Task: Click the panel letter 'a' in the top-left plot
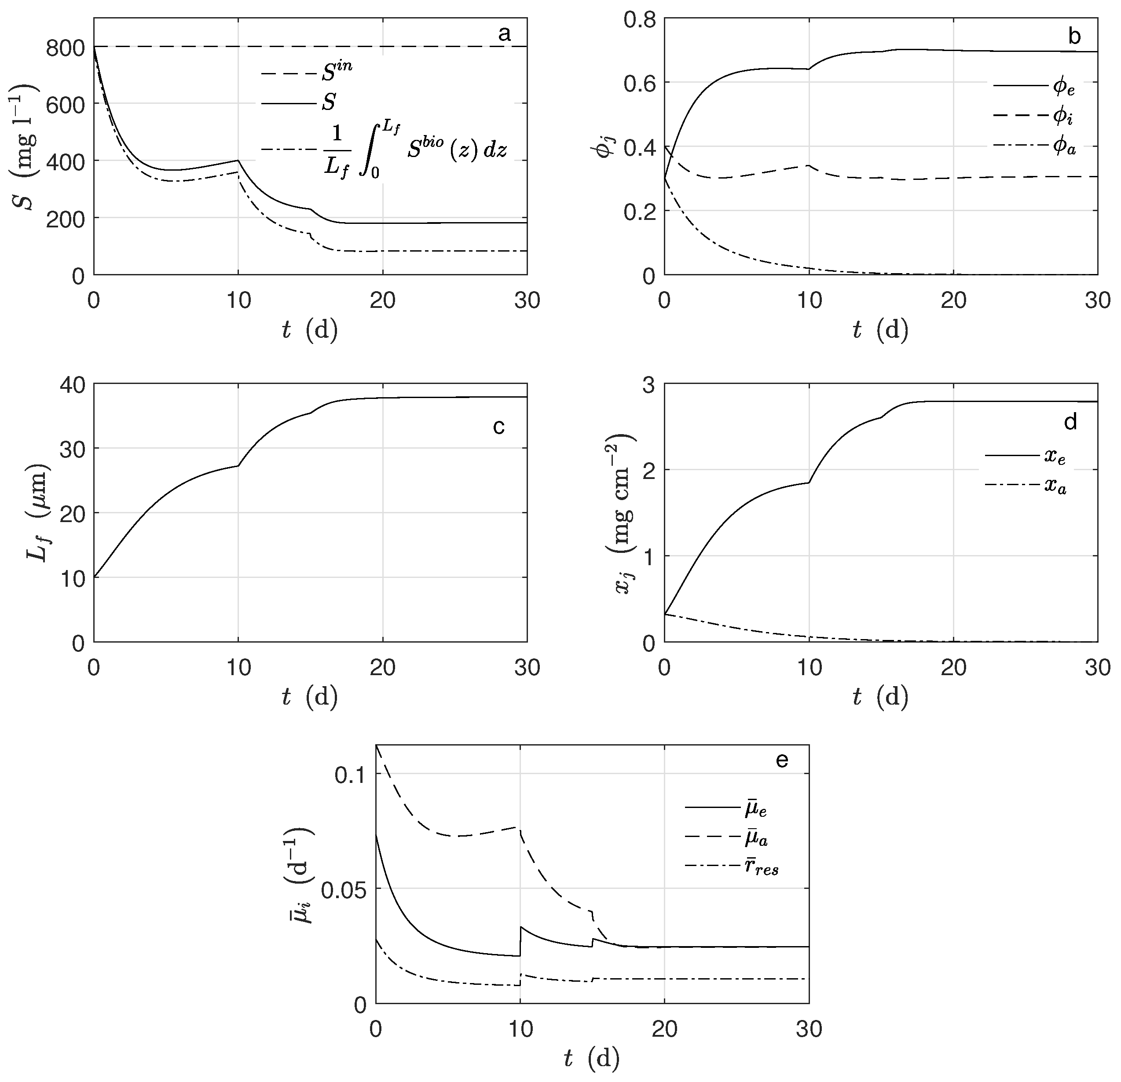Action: point(504,35)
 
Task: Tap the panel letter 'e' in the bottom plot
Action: point(781,760)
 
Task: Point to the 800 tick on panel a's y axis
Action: point(65,47)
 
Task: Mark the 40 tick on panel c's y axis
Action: point(73,384)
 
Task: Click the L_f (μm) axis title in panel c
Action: point(39,513)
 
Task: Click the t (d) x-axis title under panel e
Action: point(591,1059)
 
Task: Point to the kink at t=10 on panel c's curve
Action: point(238,465)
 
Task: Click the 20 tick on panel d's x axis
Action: point(953,667)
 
